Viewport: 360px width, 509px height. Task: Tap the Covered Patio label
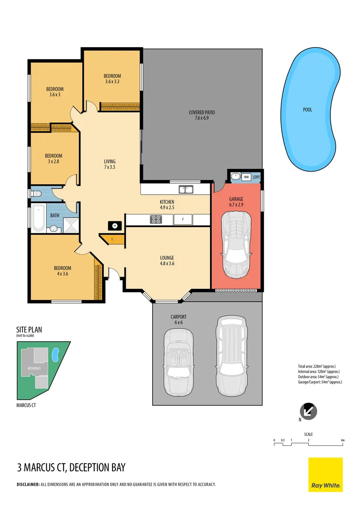(x=202, y=115)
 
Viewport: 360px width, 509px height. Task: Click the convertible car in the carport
(x=179, y=357)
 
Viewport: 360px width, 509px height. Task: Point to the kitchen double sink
(x=186, y=189)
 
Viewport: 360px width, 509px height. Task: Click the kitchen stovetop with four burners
(x=156, y=219)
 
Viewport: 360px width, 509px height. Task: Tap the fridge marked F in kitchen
(x=182, y=219)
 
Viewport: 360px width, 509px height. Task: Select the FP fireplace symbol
(x=113, y=226)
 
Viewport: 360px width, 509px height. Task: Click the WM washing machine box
(x=246, y=177)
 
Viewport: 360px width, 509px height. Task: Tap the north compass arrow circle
(x=308, y=411)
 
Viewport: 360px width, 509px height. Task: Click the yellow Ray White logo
(x=325, y=475)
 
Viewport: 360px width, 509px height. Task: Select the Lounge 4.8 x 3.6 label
(x=167, y=261)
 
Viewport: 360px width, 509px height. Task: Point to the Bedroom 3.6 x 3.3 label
(x=112, y=79)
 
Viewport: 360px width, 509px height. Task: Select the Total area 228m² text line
(x=316, y=366)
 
